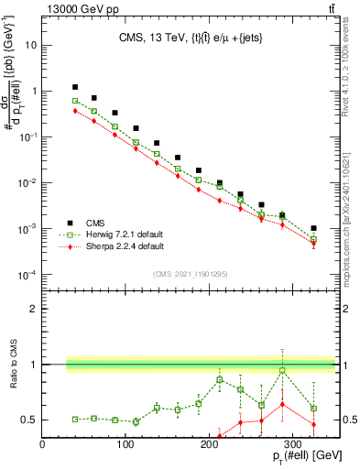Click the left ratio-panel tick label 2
pyautogui.click(x=35, y=309)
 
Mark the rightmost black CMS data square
pyautogui.click(x=313, y=228)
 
